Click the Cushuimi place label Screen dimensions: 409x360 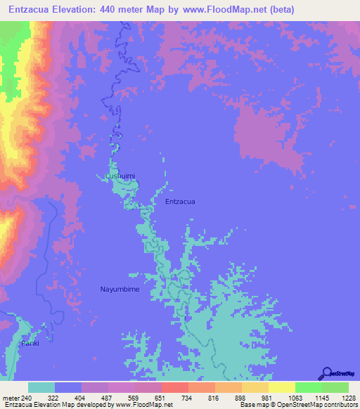click(x=120, y=176)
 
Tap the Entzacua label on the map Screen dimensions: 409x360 click(x=180, y=202)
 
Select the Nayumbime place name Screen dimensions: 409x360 click(x=120, y=289)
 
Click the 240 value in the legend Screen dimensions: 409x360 click(x=27, y=397)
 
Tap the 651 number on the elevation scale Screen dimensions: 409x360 click(x=162, y=397)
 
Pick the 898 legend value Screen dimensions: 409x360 click(x=242, y=397)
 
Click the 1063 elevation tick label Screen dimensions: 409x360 click(x=295, y=397)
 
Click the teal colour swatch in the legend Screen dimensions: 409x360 click(x=41, y=387)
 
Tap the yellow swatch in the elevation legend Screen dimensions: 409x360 click(x=281, y=387)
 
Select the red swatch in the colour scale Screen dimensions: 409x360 click(x=174, y=387)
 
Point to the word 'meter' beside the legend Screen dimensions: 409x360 click(x=11, y=397)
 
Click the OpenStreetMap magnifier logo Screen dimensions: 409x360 click(x=326, y=373)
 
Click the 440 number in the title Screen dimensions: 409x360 click(x=117, y=9)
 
